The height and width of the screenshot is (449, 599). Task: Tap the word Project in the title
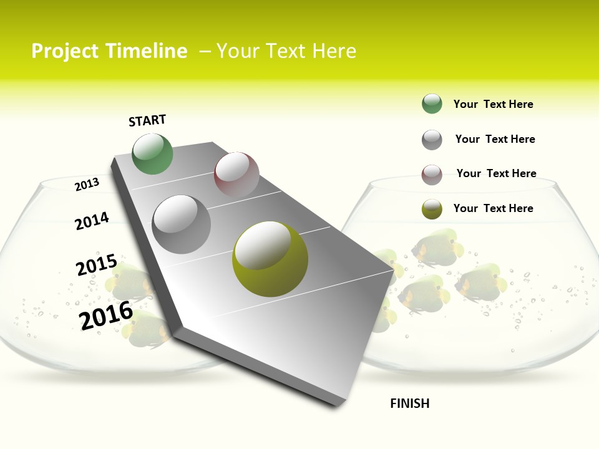point(66,51)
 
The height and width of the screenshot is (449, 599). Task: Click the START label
point(147,120)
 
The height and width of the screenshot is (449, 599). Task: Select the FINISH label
point(410,403)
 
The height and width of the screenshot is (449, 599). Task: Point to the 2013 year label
point(87,185)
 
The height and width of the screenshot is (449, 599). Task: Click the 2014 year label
point(92,221)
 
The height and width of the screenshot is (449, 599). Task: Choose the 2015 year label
point(97,265)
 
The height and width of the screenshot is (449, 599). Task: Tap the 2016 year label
point(106,315)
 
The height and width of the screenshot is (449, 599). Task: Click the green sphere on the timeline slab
point(152,154)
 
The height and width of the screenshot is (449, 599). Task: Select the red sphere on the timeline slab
point(236,175)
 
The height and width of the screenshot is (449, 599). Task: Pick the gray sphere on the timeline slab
point(182,224)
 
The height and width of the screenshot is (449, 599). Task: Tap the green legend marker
point(432,104)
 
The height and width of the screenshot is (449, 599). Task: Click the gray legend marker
point(432,140)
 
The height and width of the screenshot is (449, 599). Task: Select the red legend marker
point(432,175)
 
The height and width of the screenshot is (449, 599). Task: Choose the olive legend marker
point(432,209)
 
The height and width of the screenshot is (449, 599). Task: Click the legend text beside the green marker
point(493,104)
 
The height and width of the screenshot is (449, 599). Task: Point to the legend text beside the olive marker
point(493,208)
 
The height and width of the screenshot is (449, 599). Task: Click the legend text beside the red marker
point(496,173)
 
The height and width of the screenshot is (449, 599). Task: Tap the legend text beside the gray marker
point(495,139)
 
